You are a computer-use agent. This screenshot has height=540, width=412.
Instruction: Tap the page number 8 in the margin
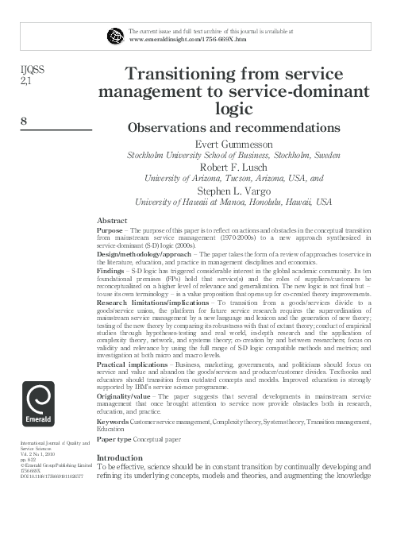click(23, 121)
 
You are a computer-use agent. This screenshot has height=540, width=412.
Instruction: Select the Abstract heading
click(111, 219)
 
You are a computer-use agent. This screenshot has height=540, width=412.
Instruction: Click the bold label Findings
click(112, 270)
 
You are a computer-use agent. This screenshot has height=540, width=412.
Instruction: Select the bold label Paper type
click(114, 438)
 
